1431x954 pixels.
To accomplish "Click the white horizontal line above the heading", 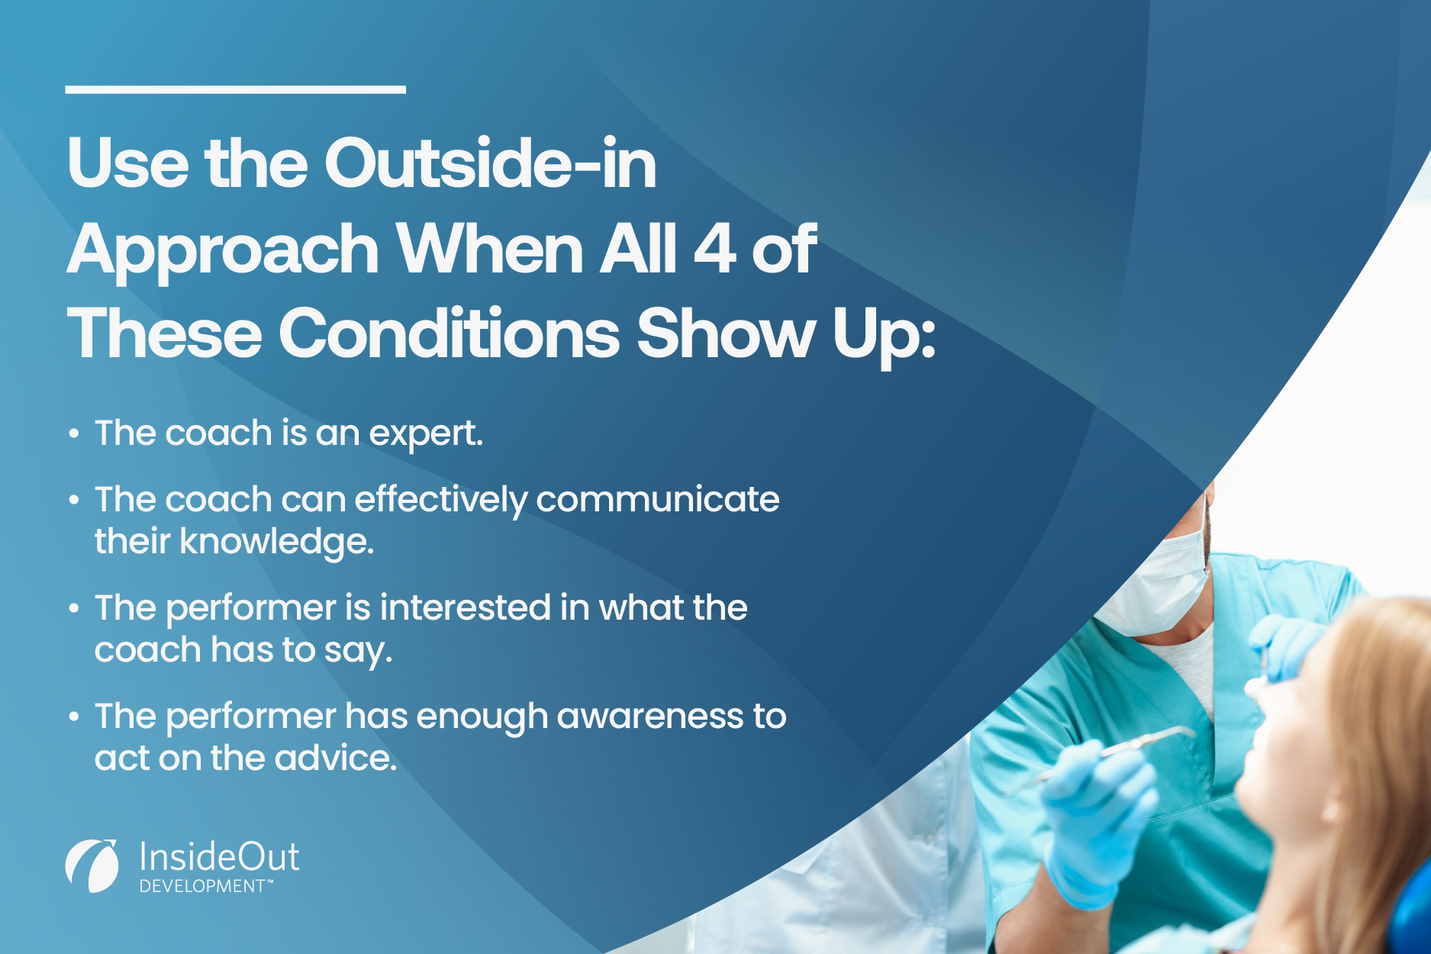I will click(235, 89).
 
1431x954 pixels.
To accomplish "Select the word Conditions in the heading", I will click(450, 334).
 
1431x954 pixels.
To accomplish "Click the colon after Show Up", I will click(928, 340).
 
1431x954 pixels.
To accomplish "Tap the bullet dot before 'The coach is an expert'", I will click(74, 434).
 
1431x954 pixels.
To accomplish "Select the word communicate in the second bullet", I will click(657, 500).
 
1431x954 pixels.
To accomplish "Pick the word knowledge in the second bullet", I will click(276, 542).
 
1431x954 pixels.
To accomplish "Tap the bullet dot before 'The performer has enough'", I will click(74, 717).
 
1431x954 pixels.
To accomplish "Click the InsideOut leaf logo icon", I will click(92, 865).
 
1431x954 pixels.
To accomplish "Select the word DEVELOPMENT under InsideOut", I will click(201, 887).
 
